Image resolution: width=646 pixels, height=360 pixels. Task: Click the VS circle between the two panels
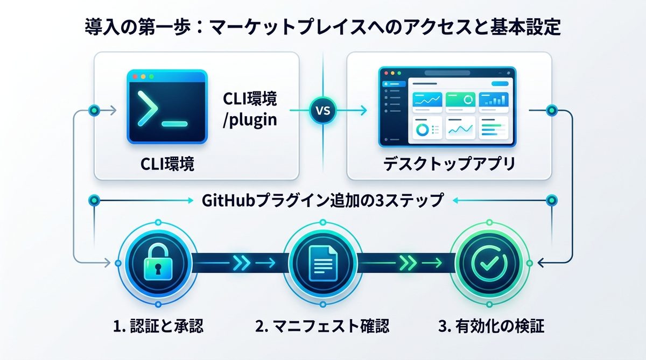pos(322,112)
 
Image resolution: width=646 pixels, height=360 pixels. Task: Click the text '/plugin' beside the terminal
pos(250,120)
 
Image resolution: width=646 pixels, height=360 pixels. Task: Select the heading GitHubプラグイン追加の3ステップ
pos(323,201)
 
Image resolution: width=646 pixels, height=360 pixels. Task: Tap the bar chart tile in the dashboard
pos(494,100)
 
